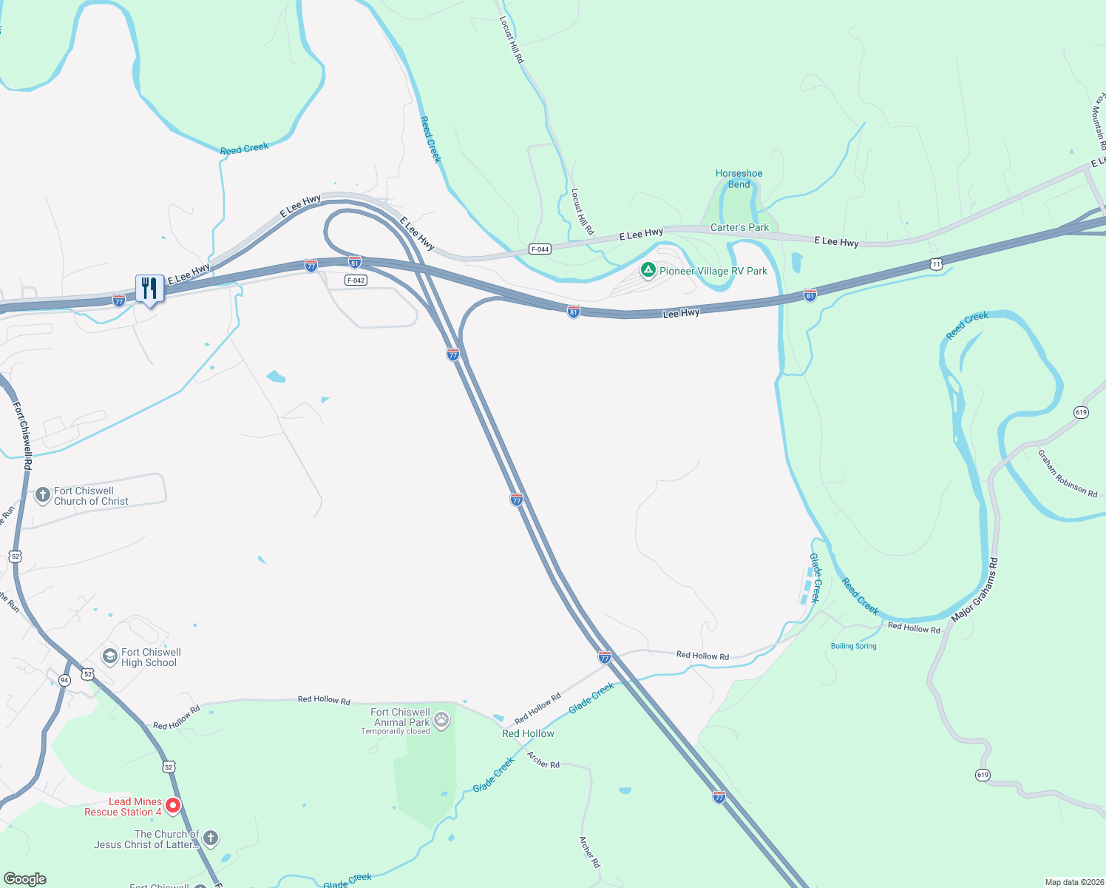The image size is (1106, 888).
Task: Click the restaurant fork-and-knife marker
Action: pyautogui.click(x=149, y=288)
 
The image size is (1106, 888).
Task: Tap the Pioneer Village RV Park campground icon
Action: pyautogui.click(x=648, y=271)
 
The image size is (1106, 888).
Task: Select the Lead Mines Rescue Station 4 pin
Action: pyautogui.click(x=173, y=806)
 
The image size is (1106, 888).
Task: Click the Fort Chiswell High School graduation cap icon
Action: pyautogui.click(x=109, y=657)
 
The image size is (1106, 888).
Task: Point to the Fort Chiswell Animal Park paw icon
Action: pyautogui.click(x=441, y=720)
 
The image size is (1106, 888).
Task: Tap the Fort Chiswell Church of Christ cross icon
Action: pyautogui.click(x=43, y=495)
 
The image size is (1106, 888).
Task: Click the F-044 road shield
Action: pyautogui.click(x=540, y=249)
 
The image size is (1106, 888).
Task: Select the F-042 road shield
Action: pyautogui.click(x=356, y=280)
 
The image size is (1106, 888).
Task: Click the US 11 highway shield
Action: pyautogui.click(x=937, y=264)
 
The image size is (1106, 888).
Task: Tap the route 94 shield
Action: pyautogui.click(x=64, y=680)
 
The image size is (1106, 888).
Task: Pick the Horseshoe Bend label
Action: pyautogui.click(x=739, y=179)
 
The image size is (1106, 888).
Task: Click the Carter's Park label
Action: pyautogui.click(x=739, y=228)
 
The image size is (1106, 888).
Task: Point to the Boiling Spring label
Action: pyautogui.click(x=853, y=646)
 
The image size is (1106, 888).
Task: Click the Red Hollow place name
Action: pyautogui.click(x=528, y=733)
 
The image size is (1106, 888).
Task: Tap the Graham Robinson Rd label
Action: pyautogui.click(x=1067, y=474)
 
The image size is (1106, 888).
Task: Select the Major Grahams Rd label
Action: pyautogui.click(x=975, y=590)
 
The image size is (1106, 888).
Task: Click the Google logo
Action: pyautogui.click(x=24, y=879)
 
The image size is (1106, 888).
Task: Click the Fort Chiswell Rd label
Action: pyautogui.click(x=22, y=436)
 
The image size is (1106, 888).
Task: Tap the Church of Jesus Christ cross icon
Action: pyautogui.click(x=211, y=838)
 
